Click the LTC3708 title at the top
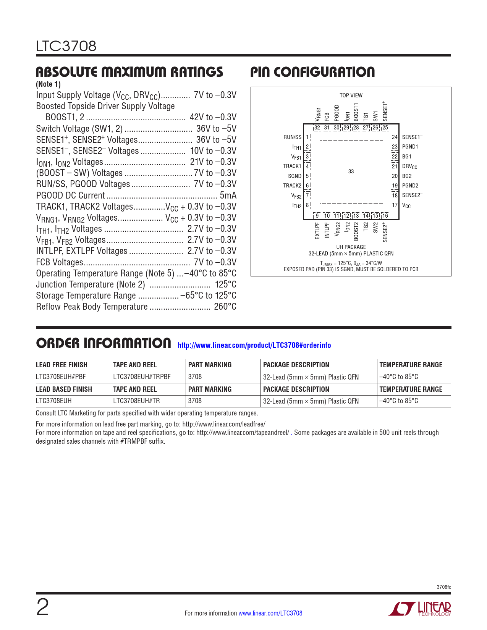point(66,47)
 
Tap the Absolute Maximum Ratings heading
point(129,72)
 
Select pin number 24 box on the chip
point(395,137)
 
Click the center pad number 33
point(351,171)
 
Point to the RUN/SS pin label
point(292,137)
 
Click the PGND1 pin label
point(410,147)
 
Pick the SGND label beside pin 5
point(294,176)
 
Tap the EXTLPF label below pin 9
point(317,231)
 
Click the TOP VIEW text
point(351,95)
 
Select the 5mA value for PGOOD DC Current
point(228,195)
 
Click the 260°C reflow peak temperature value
point(225,307)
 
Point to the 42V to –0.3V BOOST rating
point(213,117)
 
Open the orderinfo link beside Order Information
point(254,345)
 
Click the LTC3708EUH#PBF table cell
point(61,377)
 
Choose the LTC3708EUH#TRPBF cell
point(142,377)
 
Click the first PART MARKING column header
point(210,365)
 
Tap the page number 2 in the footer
point(42,607)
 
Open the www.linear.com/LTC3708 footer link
point(270,613)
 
